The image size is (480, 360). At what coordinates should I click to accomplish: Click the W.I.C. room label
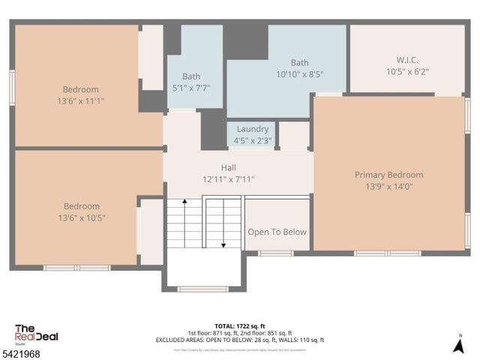coord(407,59)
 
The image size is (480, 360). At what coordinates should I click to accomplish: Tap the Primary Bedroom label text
coord(388,175)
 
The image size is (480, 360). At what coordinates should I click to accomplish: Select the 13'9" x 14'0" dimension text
coord(388,187)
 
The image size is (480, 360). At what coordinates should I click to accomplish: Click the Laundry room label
coord(252,129)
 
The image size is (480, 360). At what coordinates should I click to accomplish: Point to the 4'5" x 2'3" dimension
coord(252,140)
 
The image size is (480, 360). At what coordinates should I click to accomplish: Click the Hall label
coord(229,167)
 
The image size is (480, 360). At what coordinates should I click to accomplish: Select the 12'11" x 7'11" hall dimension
coord(229,179)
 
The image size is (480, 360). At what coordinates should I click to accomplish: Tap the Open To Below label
coord(277,232)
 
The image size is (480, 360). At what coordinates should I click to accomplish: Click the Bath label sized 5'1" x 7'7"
coord(190,76)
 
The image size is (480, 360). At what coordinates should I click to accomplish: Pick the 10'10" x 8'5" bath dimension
coord(299,74)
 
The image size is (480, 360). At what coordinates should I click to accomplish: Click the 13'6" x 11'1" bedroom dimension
coord(81,100)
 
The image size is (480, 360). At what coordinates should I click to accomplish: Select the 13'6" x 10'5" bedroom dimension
coord(81,218)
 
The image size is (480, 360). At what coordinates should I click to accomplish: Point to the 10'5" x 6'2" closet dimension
coord(407,72)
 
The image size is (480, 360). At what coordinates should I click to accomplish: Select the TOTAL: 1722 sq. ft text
coord(239,325)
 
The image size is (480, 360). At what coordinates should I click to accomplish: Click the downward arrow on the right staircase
coord(223,244)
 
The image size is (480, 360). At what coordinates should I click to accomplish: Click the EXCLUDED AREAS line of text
coord(239,340)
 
